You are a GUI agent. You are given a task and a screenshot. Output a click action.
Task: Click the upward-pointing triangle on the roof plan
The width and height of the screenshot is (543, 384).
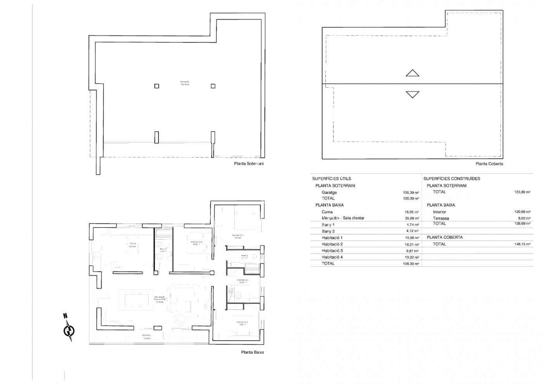pyautogui.click(x=412, y=73)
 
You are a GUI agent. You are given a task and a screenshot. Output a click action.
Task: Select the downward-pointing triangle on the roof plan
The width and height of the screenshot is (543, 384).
pyautogui.click(x=412, y=94)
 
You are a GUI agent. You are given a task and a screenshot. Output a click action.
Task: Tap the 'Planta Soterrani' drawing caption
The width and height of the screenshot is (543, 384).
pyautogui.click(x=249, y=164)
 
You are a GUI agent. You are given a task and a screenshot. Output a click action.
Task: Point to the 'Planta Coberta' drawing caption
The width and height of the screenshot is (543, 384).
pyautogui.click(x=489, y=164)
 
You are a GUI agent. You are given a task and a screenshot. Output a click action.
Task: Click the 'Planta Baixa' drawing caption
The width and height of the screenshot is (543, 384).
pyautogui.click(x=252, y=353)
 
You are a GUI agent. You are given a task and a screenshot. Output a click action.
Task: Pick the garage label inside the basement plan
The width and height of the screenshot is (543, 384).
pyautogui.click(x=185, y=83)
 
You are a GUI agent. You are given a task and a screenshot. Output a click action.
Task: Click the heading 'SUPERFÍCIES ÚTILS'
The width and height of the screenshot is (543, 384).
pyautogui.click(x=331, y=179)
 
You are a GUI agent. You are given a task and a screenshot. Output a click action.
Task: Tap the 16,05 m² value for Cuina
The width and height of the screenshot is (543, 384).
pyautogui.click(x=411, y=212)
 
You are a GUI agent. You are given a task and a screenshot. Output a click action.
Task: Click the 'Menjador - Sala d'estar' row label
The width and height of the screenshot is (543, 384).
pyautogui.click(x=343, y=218)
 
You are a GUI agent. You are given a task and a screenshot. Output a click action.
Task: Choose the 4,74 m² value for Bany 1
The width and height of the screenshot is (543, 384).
pyautogui.click(x=412, y=225)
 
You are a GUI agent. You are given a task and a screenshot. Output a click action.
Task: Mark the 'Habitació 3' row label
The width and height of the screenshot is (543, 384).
pyautogui.click(x=332, y=250)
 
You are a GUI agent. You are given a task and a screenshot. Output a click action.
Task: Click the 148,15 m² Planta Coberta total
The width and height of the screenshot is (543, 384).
pyautogui.click(x=522, y=244)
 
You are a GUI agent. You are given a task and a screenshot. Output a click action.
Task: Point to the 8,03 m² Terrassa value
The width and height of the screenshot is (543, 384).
pyautogui.click(x=523, y=218)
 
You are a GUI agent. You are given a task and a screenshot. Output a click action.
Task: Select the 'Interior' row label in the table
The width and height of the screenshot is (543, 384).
pyautogui.click(x=439, y=212)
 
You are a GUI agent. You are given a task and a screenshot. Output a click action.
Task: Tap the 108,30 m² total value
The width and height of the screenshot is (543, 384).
pyautogui.click(x=411, y=264)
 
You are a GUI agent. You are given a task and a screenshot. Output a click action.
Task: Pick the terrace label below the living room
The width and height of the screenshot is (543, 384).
pyautogui.click(x=146, y=336)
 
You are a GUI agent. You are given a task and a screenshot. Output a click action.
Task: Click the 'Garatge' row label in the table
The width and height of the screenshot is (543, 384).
pyautogui.click(x=329, y=192)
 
